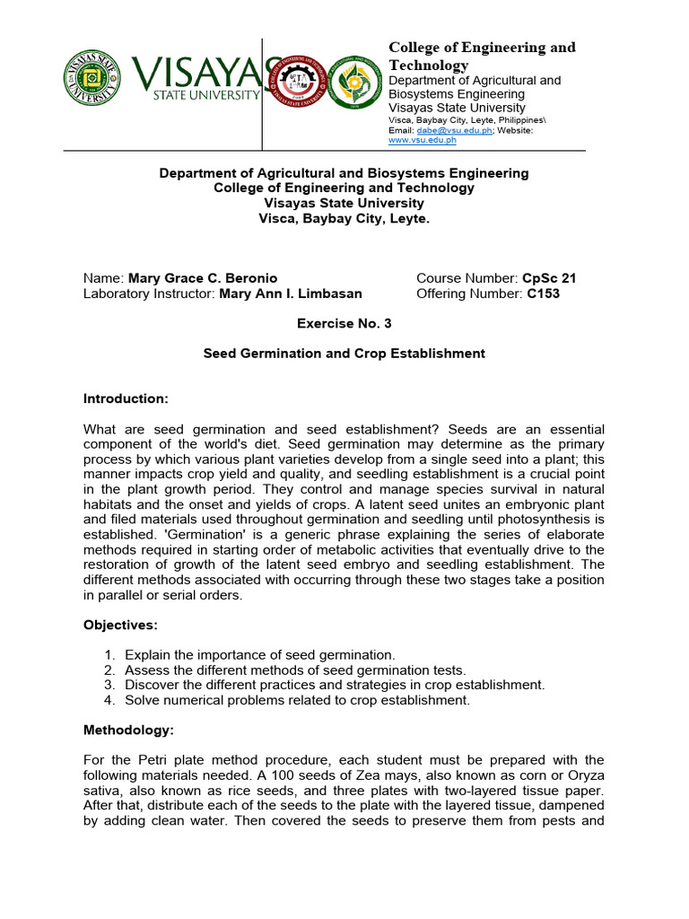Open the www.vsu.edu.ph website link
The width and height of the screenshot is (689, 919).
422,140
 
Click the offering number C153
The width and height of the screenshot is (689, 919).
543,293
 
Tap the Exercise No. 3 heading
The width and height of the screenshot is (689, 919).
344,323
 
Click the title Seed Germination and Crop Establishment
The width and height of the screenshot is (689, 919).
344,354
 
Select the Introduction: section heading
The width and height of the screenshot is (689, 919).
126,398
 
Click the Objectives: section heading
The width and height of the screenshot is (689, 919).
120,624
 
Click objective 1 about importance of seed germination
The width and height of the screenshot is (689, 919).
259,655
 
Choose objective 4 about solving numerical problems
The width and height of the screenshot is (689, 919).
297,700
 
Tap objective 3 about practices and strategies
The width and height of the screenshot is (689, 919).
334,685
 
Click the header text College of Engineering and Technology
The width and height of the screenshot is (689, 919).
481,56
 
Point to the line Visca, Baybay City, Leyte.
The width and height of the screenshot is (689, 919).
344,218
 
